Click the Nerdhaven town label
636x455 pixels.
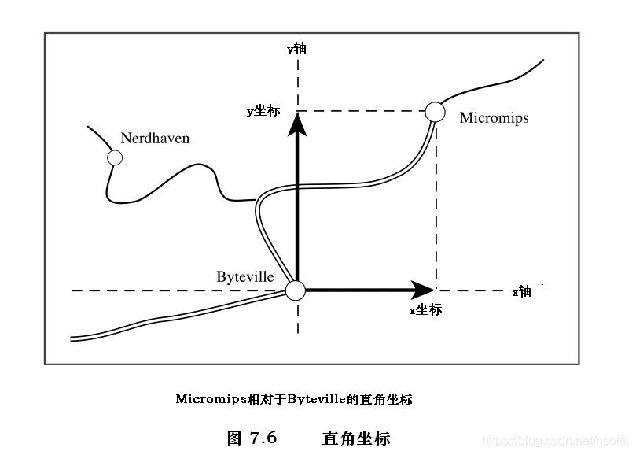tap(155, 139)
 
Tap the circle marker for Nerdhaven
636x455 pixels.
tap(115, 157)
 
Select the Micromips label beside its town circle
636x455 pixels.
tap(494, 118)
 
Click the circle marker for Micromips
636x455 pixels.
tap(435, 112)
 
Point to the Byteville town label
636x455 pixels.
tap(245, 276)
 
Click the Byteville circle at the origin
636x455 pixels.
tap(296, 290)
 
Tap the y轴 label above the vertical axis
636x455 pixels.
tap(296, 49)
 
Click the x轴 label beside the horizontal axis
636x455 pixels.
tap(522, 292)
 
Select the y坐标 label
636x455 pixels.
tap(263, 112)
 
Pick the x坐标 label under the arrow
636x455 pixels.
tap(425, 310)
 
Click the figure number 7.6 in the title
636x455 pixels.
tap(263, 438)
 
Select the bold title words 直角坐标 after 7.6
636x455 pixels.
tap(356, 438)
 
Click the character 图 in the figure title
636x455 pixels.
tap(235, 438)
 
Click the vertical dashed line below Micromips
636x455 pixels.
tap(436, 205)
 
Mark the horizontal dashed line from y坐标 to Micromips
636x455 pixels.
tap(362, 112)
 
